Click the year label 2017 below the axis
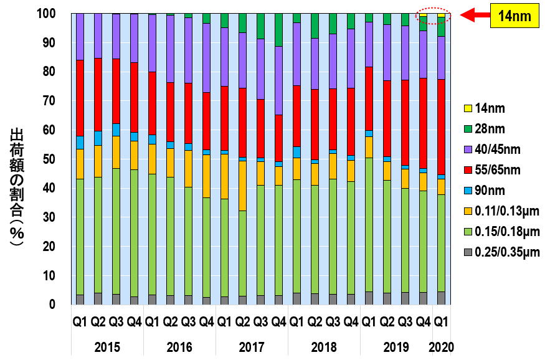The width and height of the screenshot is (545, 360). [252, 346]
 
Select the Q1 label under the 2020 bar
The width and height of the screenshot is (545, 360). [441, 323]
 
